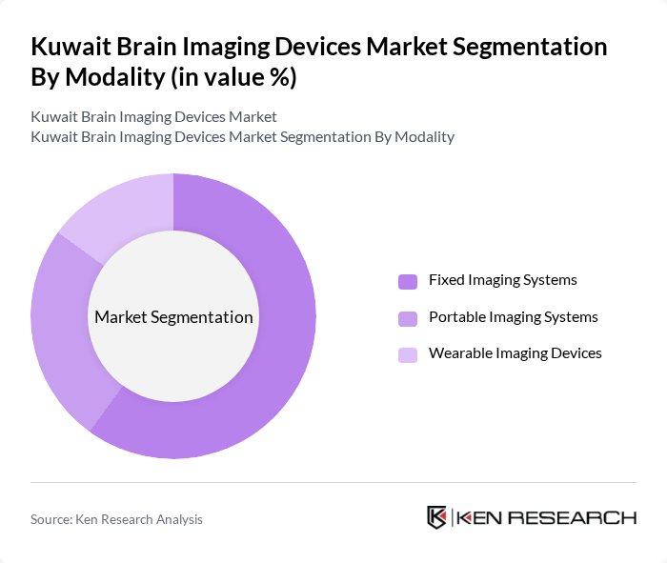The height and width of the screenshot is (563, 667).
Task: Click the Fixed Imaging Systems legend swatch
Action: point(408,281)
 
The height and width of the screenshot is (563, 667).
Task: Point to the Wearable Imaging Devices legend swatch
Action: point(408,354)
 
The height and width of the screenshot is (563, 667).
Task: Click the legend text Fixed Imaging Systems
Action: point(502,280)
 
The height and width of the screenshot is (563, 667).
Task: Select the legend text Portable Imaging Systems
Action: point(513,316)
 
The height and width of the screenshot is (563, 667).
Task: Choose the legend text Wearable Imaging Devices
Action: point(515,352)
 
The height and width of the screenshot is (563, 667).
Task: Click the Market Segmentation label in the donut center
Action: point(173,317)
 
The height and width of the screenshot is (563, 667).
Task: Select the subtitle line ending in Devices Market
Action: point(153,117)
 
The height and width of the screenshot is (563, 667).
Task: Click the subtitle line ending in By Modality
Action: point(242,136)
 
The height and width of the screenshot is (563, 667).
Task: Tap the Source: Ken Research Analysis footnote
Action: point(116,519)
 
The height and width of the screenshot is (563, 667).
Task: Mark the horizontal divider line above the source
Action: point(333,482)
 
